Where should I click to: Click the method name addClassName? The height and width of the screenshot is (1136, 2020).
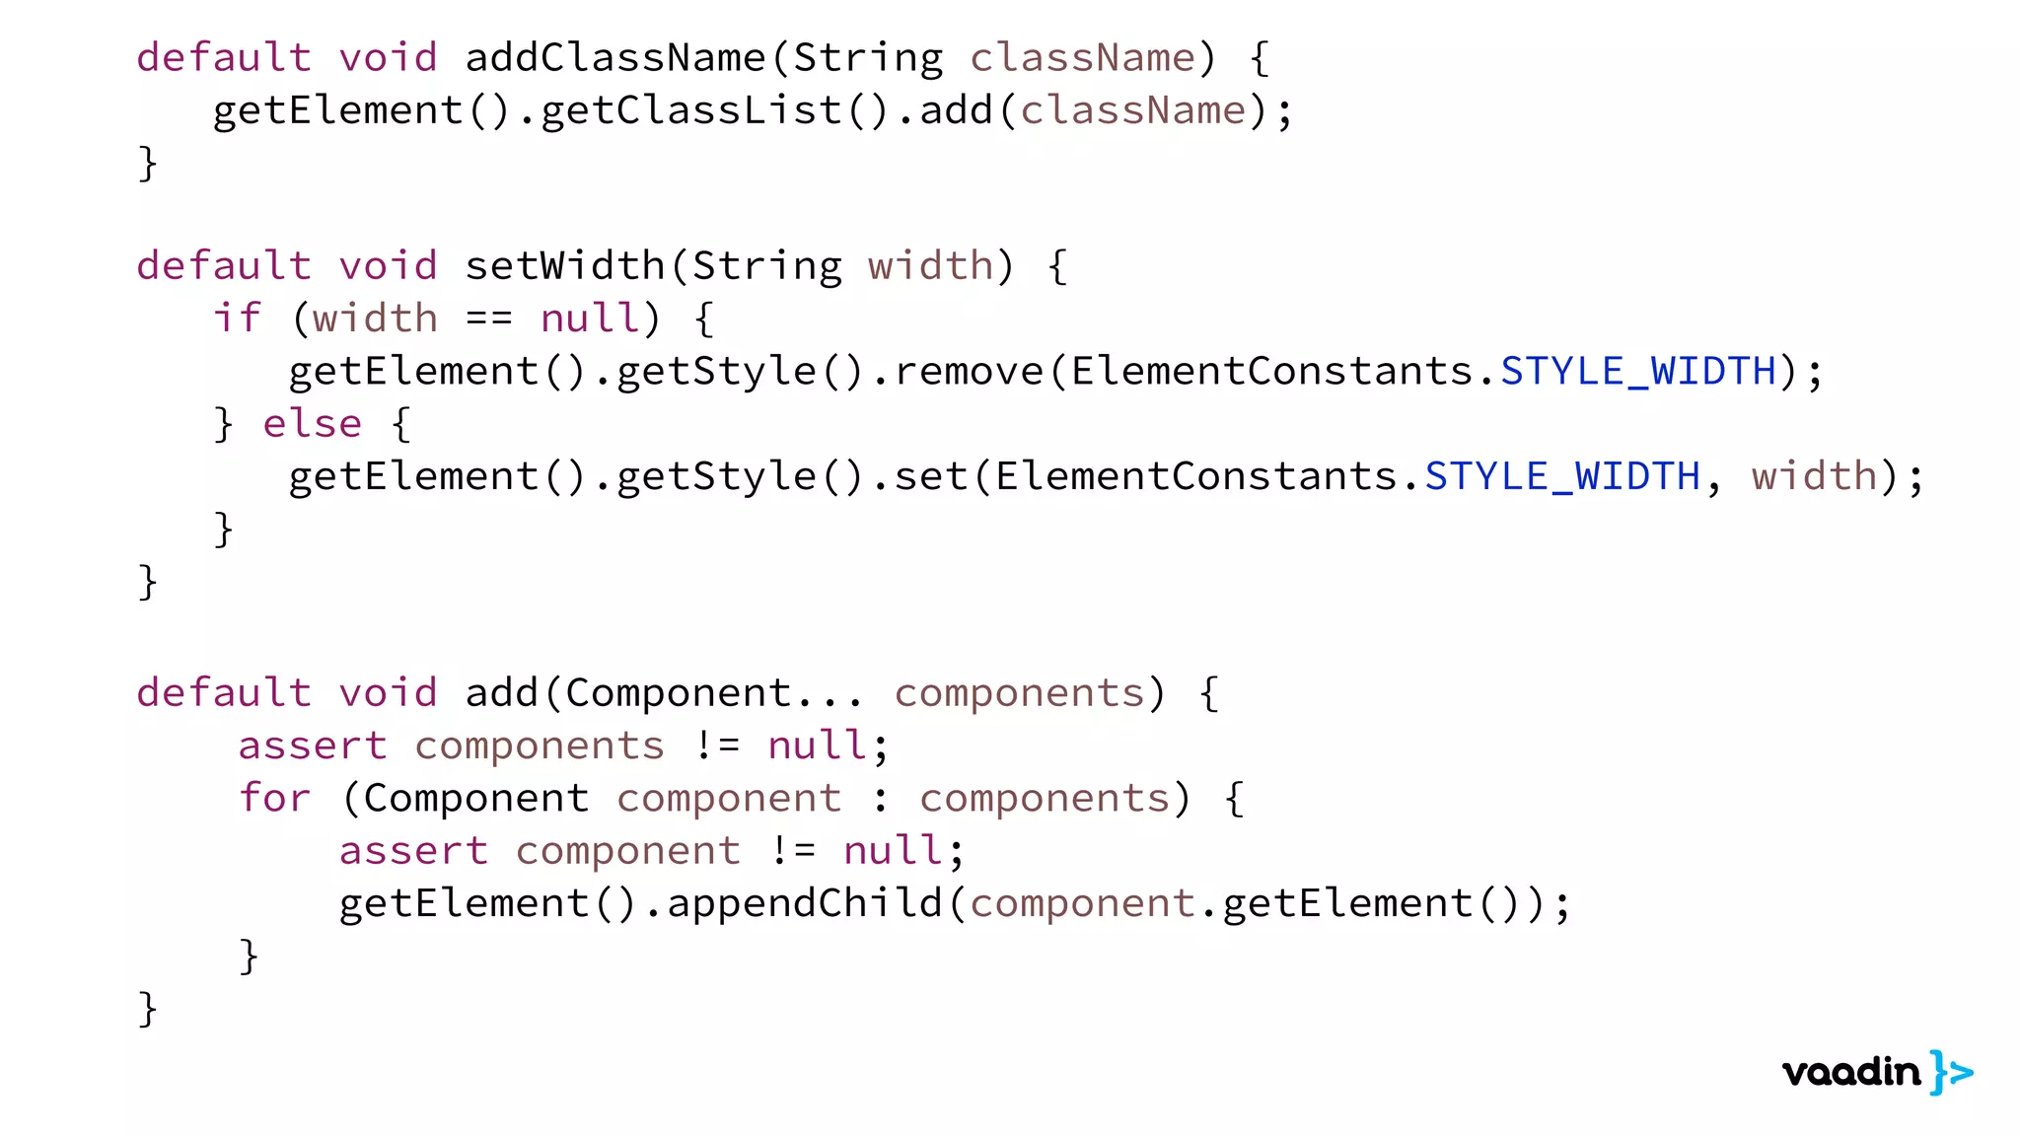615,58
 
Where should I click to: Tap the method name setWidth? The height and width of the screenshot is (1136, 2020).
565,266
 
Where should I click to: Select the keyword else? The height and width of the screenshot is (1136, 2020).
313,424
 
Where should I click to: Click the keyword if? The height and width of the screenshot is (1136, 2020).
238,319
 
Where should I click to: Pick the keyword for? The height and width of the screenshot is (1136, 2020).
275,798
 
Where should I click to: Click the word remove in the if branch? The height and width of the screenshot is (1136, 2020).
969,372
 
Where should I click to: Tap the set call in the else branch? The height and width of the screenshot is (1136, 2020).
931,476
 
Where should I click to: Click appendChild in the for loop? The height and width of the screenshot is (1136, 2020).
805,903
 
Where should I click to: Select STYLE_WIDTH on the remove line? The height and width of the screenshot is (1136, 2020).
1638,372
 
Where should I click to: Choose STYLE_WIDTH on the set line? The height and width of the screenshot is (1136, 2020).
1562,476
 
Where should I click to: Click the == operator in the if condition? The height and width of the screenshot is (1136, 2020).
489,319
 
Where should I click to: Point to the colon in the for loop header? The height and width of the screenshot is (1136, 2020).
881,799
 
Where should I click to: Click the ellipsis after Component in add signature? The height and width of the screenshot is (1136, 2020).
830,694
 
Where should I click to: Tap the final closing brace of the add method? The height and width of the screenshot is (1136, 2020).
148,1009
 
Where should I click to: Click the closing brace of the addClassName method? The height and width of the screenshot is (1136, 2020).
148,163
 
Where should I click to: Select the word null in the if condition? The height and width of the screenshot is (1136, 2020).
590,319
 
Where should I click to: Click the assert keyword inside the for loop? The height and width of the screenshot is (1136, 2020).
413,851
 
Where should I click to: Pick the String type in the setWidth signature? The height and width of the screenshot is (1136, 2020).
767,266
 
